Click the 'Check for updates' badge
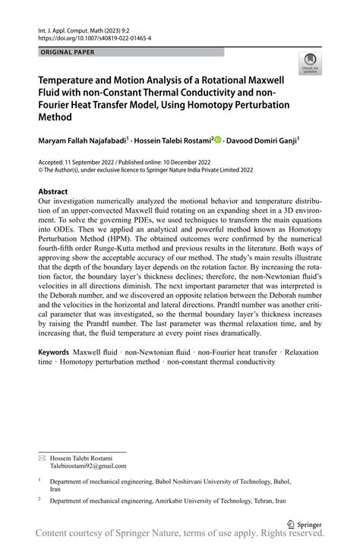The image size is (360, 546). pyautogui.click(x=310, y=64)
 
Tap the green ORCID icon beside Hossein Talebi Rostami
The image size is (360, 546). pyautogui.click(x=219, y=140)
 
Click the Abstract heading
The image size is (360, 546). pyautogui.click(x=53, y=191)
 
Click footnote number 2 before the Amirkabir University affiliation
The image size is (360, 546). pyautogui.click(x=39, y=500)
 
